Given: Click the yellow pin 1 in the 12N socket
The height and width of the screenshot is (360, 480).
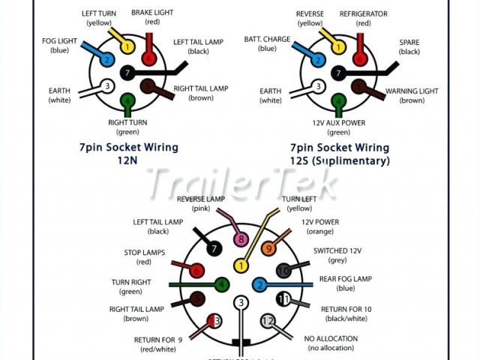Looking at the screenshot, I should point(127,47).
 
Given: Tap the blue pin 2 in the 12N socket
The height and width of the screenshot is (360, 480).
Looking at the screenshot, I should point(107,59).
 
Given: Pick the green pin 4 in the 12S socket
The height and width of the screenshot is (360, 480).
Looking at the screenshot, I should point(339,99).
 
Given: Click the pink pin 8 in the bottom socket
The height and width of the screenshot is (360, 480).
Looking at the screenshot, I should point(241,240).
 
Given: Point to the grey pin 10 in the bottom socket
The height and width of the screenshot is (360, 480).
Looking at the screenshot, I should point(283,270).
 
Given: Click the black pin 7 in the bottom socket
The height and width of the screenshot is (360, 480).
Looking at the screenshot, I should point(214,247).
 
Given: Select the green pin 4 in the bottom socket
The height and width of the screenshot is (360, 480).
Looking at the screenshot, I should point(222,284).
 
